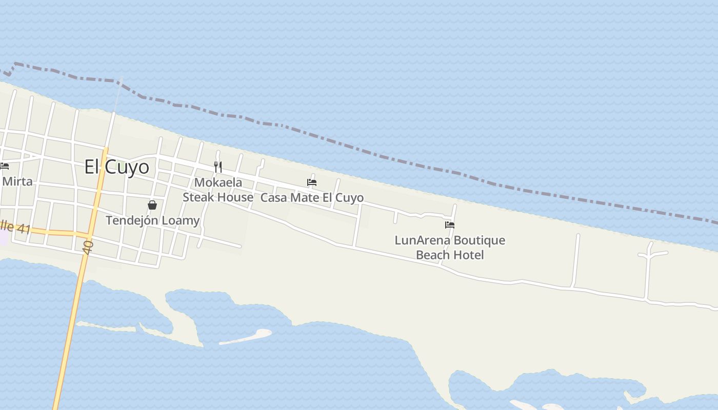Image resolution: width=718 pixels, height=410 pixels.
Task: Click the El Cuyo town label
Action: point(116,167)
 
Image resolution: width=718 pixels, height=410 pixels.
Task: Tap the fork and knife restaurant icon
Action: point(218,167)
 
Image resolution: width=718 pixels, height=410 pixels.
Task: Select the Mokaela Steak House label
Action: point(218,190)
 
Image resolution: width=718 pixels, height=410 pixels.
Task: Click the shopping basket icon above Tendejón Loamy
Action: point(152,205)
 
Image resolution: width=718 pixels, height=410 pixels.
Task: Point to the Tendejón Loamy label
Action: point(152,220)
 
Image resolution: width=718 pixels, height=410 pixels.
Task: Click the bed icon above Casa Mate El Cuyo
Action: point(312,182)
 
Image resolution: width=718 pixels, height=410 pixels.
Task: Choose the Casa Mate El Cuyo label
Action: point(312,198)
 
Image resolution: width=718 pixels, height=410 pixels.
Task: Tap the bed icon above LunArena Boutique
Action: point(450,224)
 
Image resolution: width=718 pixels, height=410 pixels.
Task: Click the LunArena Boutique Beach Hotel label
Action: point(450,248)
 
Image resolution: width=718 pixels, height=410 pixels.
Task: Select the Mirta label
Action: point(17,181)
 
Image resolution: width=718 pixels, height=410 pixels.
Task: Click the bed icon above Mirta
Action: point(5,166)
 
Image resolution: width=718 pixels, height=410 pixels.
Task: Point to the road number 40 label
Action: point(88,248)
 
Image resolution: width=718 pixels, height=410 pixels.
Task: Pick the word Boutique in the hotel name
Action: point(479,240)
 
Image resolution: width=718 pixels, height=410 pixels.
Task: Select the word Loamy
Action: point(180,220)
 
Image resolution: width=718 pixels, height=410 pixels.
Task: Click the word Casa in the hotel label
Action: point(273,198)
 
